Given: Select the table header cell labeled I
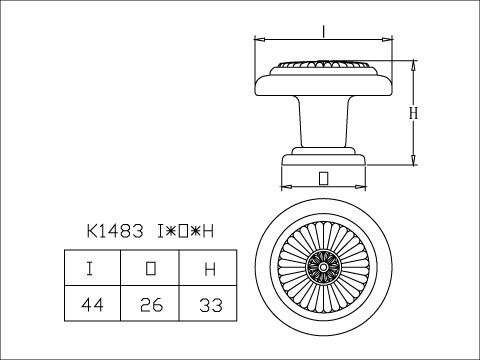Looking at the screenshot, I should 90,268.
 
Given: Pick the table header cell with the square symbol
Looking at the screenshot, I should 149,268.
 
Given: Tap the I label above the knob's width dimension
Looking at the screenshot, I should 322,29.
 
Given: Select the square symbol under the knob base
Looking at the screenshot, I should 322,177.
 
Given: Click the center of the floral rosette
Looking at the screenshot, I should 322,267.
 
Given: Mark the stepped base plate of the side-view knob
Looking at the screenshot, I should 322,160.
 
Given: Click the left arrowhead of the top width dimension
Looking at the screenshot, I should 258,40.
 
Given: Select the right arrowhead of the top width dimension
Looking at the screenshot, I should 388,40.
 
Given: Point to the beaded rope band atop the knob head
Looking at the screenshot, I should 322,63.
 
